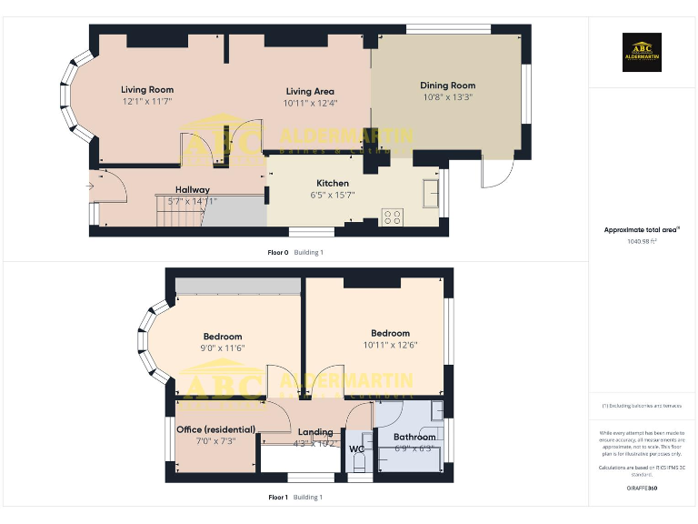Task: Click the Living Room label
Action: tap(147, 90)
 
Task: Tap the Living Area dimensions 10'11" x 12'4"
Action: tap(310, 103)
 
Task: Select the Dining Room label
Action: tap(447, 86)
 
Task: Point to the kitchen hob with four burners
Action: tap(393, 217)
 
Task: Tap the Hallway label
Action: tap(193, 189)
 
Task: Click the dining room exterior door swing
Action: tap(495, 175)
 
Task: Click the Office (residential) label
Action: tap(215, 429)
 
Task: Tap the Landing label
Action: tap(315, 432)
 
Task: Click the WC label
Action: tap(356, 448)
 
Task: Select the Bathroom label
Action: tap(414, 437)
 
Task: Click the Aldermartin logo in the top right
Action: tap(642, 52)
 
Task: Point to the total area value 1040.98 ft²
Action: tap(642, 242)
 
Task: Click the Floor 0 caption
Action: tap(278, 252)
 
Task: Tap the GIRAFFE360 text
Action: tap(642, 489)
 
